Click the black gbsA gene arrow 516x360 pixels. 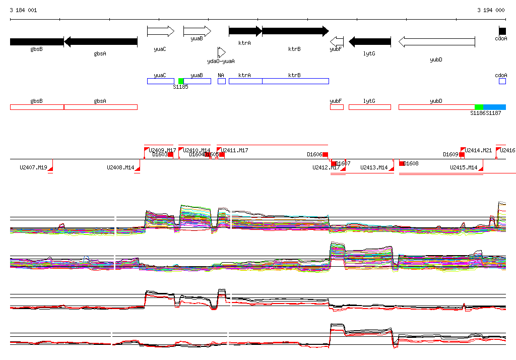click(x=101, y=41)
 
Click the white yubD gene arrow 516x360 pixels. click(x=436, y=41)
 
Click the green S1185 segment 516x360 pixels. click(x=181, y=81)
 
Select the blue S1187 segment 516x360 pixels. click(x=494, y=107)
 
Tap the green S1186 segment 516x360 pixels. click(x=479, y=107)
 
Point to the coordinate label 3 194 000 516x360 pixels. click(x=491, y=10)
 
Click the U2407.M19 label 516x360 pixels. click(x=33, y=167)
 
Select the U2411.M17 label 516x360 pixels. click(x=234, y=150)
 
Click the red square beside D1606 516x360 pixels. click(x=325, y=155)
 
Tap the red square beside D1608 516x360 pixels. click(x=402, y=163)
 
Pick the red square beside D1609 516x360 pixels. click(x=462, y=155)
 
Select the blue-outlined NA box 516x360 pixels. click(x=221, y=81)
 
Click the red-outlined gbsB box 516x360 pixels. click(x=37, y=107)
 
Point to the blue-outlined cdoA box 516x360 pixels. click(x=502, y=81)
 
